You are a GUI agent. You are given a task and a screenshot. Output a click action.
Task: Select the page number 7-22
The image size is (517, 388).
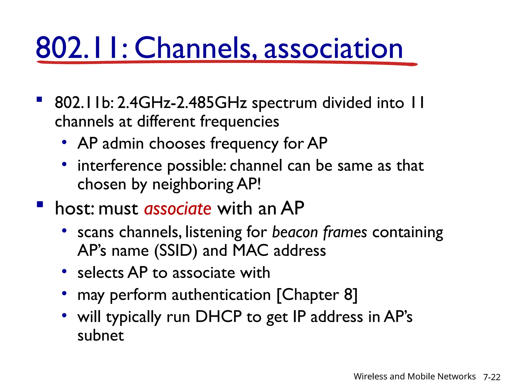pos(492,377)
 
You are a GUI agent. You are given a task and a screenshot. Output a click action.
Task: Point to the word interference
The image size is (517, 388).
pos(120,166)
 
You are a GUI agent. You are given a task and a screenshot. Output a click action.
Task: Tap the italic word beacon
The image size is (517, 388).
pos(295,232)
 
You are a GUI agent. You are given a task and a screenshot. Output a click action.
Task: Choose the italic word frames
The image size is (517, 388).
pos(345,232)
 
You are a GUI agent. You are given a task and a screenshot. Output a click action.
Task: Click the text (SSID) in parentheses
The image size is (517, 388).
pos(176,251)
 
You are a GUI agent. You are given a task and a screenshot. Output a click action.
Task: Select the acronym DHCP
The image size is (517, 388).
pos(218,317)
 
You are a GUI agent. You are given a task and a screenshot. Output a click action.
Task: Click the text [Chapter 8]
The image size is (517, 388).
pos(317,295)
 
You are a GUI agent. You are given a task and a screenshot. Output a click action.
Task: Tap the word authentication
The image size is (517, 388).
pos(221,295)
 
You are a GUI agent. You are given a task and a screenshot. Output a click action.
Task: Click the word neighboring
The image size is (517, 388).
pos(193,185)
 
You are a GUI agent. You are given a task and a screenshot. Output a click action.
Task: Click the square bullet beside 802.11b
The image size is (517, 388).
pos(39,99)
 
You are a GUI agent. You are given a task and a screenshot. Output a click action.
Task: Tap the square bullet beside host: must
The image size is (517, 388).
pos(40,204)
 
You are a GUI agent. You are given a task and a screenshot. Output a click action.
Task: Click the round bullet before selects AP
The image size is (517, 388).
pos(64,272)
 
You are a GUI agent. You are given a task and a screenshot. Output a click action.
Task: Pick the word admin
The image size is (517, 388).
pos(123,143)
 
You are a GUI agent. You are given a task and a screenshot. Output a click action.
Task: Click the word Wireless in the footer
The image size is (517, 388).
pos(370,376)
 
